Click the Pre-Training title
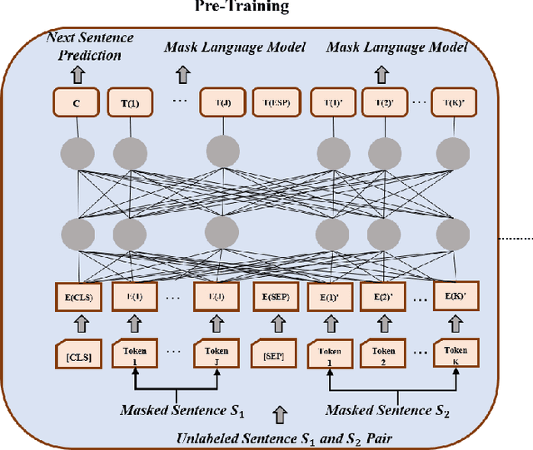[x=242, y=7]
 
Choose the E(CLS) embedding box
[x=78, y=297]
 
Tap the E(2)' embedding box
[x=384, y=297]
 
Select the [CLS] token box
[x=78, y=357]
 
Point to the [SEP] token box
[x=273, y=357]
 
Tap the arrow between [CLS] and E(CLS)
[x=78, y=327]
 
